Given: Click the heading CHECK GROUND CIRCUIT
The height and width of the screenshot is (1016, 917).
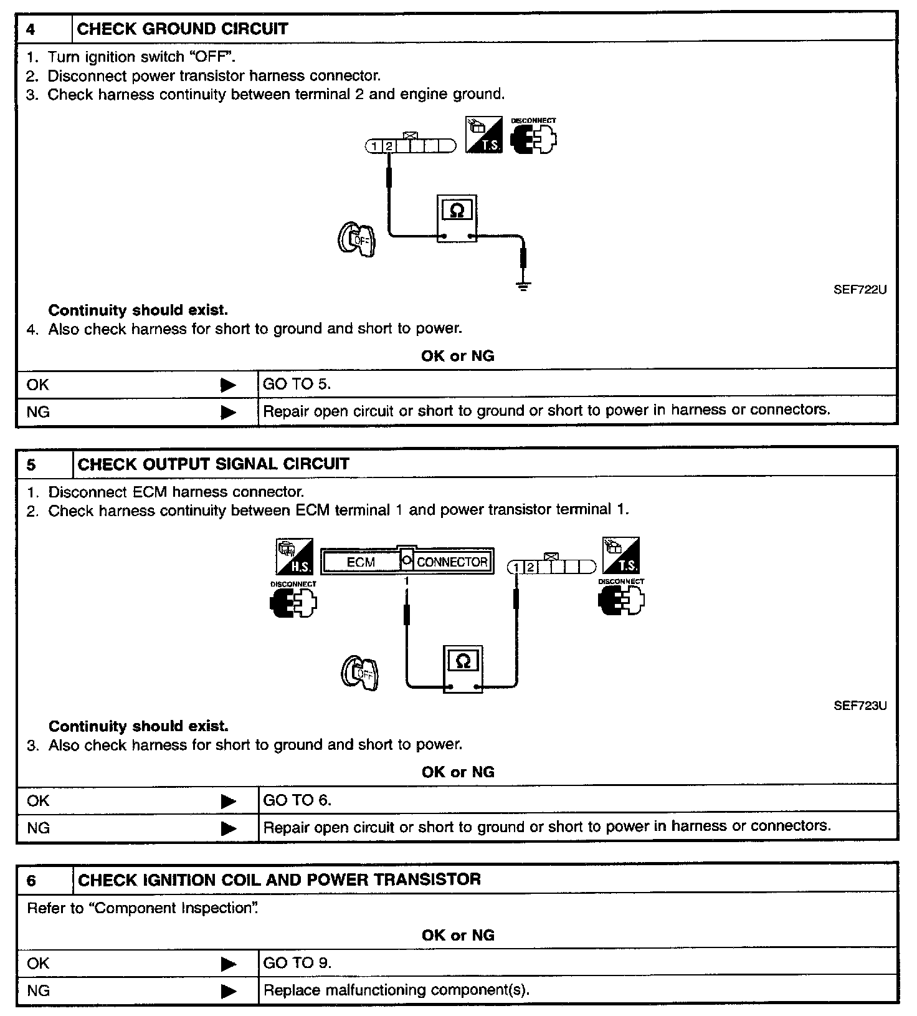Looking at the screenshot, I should [182, 29].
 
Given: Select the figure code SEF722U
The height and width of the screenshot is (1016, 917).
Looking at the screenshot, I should [860, 290].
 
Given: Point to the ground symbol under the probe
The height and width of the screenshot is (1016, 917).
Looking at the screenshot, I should [524, 286].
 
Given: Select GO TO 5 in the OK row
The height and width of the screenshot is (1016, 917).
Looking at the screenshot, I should [297, 384].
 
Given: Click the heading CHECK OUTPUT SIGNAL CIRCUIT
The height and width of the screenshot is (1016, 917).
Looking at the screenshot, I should [213, 464].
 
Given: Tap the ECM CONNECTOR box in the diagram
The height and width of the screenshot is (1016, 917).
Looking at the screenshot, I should [407, 562].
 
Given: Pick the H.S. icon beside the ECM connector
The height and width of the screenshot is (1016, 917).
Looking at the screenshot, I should [295, 557].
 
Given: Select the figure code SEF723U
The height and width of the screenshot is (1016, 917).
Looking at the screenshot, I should [860, 706].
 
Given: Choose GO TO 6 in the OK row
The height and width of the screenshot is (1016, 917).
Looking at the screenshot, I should [297, 800].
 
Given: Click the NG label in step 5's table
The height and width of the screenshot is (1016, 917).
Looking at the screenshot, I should [38, 828].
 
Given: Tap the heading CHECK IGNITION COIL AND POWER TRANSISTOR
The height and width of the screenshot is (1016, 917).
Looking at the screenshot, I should [279, 879].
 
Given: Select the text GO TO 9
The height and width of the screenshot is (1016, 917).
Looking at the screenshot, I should [297, 963].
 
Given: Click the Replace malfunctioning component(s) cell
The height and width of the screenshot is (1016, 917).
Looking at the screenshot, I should [396, 990].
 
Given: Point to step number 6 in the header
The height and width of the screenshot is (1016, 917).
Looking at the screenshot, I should [32, 880].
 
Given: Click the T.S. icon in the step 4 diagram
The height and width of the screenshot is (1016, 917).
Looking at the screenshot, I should [483, 135].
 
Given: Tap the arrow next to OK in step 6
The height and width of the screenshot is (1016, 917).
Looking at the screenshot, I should [229, 964].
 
